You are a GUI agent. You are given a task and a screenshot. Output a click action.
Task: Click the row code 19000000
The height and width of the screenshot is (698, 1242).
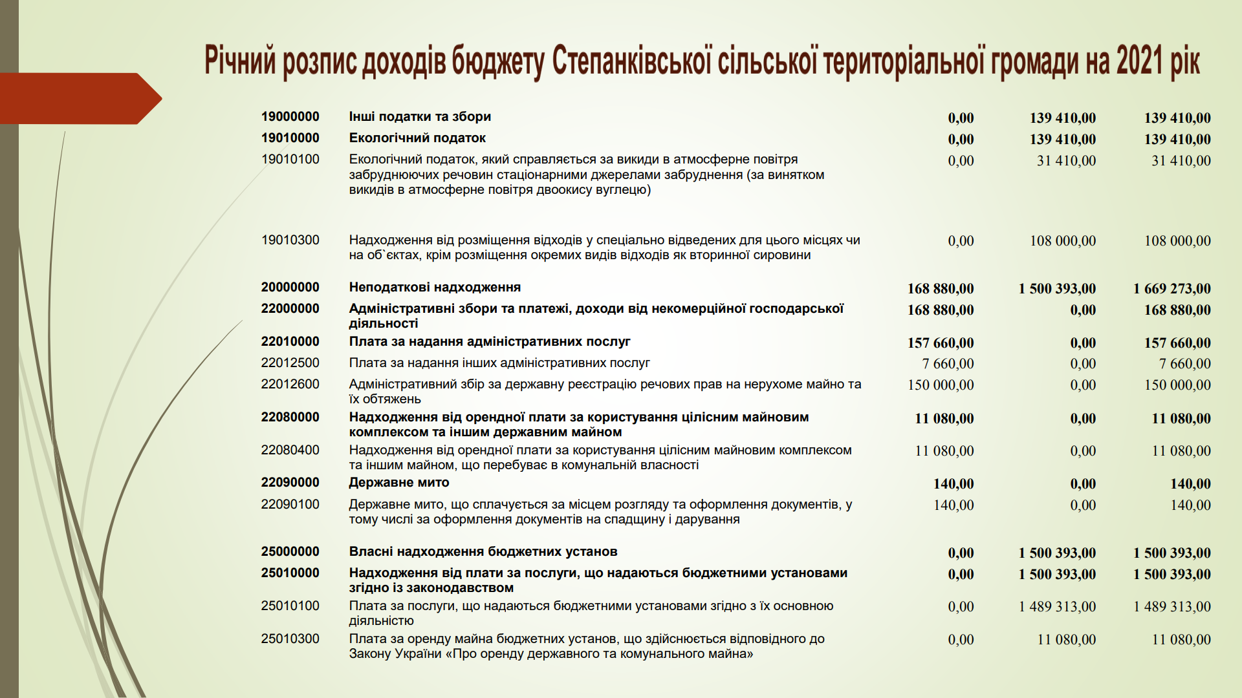coord(290,117)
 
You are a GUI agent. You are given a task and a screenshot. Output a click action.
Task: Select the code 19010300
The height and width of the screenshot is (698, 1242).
coord(290,240)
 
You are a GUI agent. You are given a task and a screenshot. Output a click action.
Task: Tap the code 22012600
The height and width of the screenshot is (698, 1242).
coord(290,385)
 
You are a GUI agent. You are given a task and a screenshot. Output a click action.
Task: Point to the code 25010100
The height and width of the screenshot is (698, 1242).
coord(290,606)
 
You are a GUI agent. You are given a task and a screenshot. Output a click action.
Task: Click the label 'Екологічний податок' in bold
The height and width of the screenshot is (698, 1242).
coord(417,138)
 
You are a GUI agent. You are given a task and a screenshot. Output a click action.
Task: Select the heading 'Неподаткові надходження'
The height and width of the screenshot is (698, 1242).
coord(435,288)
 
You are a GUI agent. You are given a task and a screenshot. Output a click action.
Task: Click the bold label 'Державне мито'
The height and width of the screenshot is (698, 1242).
coord(398,483)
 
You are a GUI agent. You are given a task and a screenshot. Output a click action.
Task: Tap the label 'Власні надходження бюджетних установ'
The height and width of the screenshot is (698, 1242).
coord(483,552)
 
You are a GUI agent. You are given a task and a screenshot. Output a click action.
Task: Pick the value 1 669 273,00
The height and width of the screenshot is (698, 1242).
coord(1171,289)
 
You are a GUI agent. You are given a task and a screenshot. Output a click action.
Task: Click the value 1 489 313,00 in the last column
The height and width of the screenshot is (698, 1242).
coord(1171,607)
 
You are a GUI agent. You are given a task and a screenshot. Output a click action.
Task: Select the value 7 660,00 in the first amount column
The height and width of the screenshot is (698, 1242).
coord(948,364)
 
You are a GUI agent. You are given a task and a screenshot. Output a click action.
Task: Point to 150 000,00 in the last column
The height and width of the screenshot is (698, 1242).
coord(1177,385)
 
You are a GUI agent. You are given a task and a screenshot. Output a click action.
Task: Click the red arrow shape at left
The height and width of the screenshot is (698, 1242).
coord(78,98)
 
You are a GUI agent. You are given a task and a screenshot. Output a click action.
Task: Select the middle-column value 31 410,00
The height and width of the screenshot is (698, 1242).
coord(1066,161)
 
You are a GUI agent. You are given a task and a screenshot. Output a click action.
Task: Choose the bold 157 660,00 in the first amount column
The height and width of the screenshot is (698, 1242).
coord(941,343)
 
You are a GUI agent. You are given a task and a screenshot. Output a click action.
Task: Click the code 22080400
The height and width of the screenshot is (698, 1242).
coord(290,450)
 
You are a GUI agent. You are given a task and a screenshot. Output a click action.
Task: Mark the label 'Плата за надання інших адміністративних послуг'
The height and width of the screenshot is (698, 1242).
coord(499,363)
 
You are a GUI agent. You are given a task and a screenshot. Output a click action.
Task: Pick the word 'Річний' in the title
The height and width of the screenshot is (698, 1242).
coord(240,61)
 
